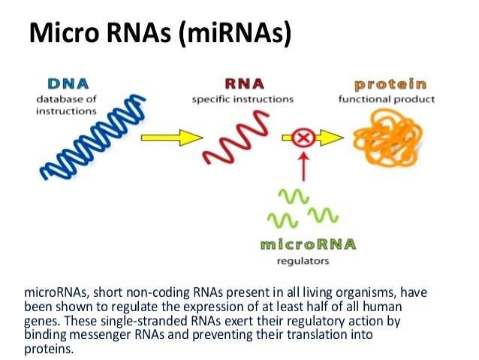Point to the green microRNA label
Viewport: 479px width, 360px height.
tap(307, 245)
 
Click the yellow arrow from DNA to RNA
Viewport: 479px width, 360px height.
tap(172, 138)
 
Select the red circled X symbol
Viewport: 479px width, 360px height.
tap(305, 138)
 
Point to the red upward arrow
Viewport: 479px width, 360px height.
tap(305, 165)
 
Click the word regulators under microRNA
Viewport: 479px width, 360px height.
tap(303, 262)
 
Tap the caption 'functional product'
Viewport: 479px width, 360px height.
tap(386, 98)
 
